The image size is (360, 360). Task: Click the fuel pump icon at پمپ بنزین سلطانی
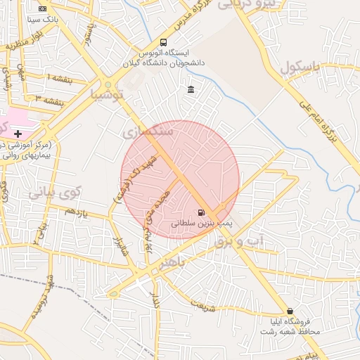tap(202, 213)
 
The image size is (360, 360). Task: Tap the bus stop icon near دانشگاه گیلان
tap(164, 42)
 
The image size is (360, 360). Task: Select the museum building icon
tap(191, 89)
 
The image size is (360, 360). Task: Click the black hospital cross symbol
tap(18, 134)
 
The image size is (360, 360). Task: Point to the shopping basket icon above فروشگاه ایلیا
tap(290, 311)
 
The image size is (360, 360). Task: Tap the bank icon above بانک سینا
tap(43, 8)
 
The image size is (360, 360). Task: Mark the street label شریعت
tap(203, 307)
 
